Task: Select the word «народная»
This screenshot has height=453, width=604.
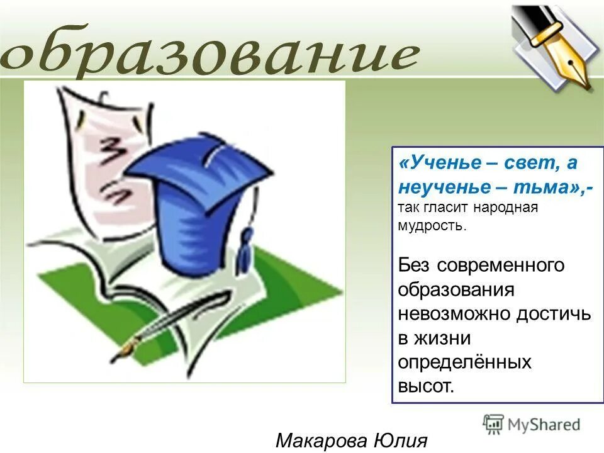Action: (508, 208)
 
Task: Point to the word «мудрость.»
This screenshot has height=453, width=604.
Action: (432, 226)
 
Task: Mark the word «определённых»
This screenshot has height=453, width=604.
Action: (464, 362)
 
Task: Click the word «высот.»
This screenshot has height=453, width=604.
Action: (425, 386)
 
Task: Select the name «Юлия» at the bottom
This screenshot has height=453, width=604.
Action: (403, 440)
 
